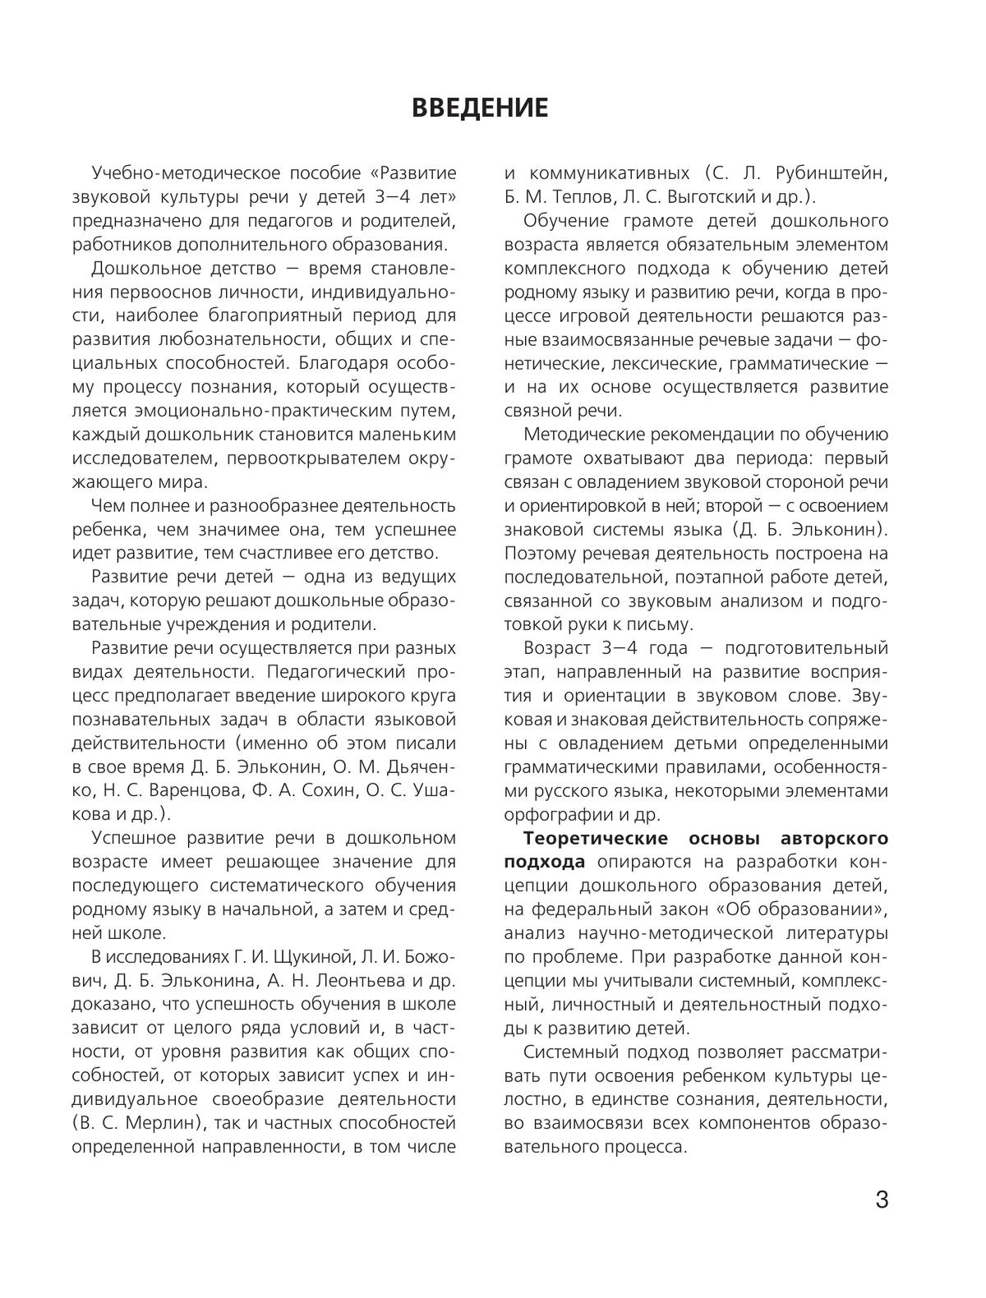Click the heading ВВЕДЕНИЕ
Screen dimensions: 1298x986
tap(479, 108)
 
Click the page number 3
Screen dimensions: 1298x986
tap(882, 1200)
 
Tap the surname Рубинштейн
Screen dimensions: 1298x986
tap(829, 173)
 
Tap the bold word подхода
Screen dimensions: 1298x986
tap(544, 862)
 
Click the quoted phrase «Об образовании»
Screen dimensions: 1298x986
tap(811, 909)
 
